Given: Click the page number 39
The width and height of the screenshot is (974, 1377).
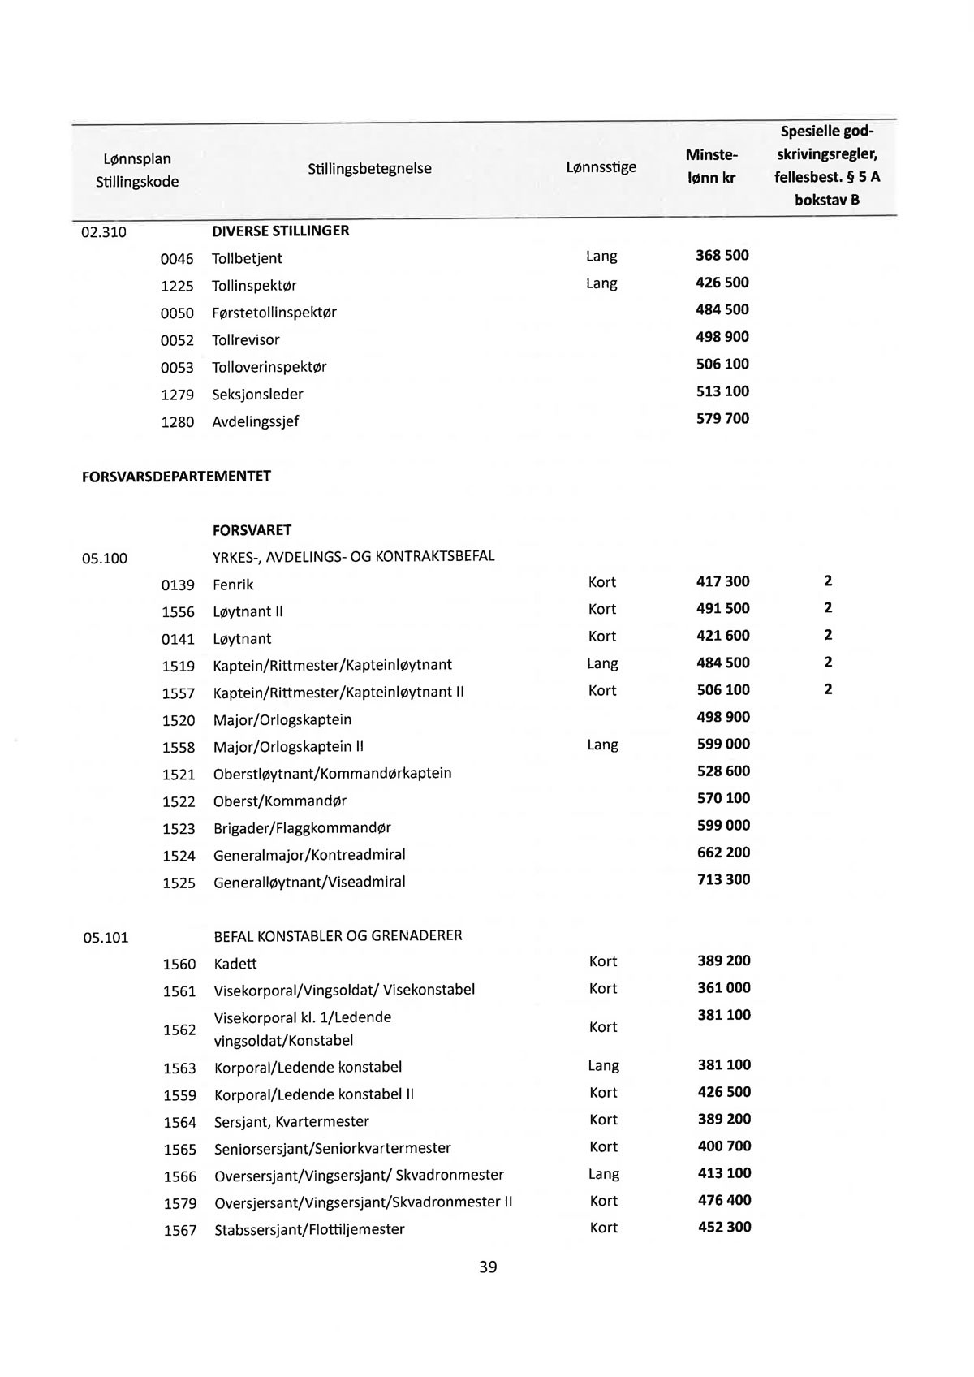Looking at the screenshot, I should coord(488,1267).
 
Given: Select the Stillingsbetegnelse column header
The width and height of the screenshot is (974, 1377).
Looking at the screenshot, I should coord(369,169).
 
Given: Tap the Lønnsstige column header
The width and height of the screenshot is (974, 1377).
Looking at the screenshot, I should coord(601,167).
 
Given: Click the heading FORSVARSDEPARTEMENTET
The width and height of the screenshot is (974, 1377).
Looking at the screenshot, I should coord(176,477).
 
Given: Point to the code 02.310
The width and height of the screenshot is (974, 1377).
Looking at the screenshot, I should coord(104,232).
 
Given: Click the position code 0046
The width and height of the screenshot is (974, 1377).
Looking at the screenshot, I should coord(177,259).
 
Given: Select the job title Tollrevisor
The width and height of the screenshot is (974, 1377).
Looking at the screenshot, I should coord(245,340).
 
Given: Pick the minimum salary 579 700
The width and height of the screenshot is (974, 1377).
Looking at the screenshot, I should coord(722,419).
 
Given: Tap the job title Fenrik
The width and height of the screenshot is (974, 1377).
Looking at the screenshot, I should coord(233,585).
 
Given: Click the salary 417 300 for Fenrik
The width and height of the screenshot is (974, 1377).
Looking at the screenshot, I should coord(723,581).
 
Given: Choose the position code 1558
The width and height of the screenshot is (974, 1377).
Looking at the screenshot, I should coord(179,747).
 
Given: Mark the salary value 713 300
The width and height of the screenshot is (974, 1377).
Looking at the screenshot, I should coord(723,879).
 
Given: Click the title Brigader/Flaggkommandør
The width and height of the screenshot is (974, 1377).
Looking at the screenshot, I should coord(302,828).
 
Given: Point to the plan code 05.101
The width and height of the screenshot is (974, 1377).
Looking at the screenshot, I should coord(106,938).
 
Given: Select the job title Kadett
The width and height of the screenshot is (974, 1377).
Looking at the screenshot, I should coord(235,964).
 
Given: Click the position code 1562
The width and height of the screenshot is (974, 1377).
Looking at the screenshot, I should coord(179,1030).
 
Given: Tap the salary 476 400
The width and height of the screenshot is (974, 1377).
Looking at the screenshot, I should coord(724,1200).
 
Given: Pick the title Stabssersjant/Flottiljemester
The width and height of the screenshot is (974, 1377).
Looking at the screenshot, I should coord(309,1229).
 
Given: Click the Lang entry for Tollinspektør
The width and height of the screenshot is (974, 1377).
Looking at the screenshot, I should coord(601,283).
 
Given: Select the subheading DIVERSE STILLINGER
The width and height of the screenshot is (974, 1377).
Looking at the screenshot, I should coord(280,231).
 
